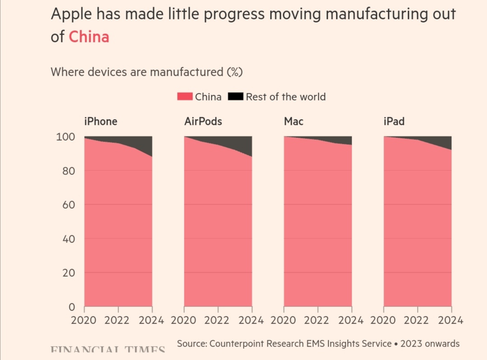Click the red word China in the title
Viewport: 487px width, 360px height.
tap(89, 36)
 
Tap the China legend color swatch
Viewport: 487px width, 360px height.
tap(185, 96)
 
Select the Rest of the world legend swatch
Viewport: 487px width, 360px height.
tap(236, 96)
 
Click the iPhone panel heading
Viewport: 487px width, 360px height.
tap(101, 121)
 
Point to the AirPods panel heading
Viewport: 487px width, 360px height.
tap(203, 121)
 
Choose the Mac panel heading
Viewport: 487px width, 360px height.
tap(294, 121)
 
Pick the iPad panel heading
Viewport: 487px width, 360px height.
tap(394, 121)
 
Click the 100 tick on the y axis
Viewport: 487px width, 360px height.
tap(65, 137)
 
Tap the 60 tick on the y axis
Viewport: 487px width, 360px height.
tap(68, 205)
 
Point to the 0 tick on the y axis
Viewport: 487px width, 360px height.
tap(71, 307)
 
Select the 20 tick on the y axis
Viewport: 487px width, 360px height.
tap(68, 273)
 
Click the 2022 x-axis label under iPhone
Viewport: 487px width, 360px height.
tap(118, 320)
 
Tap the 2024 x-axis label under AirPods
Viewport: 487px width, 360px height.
tap(251, 320)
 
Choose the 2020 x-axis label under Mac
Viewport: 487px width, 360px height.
tap(284, 320)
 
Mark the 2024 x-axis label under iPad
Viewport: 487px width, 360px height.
tap(450, 320)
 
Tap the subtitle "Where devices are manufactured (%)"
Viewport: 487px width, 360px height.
tap(147, 72)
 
